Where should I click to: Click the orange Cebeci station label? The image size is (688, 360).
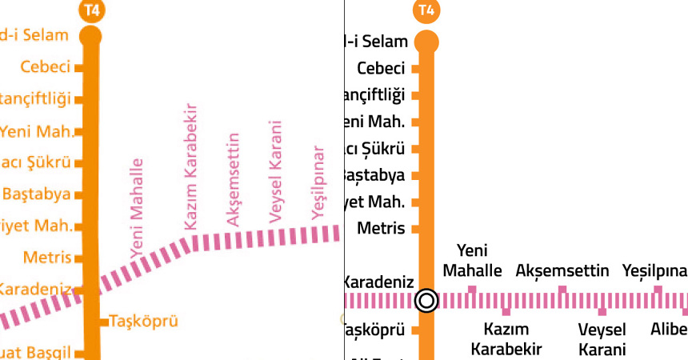click(46, 67)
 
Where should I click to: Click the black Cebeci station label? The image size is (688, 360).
click(381, 68)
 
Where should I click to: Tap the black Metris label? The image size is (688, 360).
click(381, 228)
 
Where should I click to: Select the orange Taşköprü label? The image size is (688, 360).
click(143, 322)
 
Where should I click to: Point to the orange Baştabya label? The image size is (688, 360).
click(37, 194)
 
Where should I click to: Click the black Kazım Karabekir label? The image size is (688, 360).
click(506, 338)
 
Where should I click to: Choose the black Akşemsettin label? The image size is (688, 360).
click(562, 270)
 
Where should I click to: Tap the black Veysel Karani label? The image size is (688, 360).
click(602, 338)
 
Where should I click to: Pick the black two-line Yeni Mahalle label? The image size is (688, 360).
click(472, 260)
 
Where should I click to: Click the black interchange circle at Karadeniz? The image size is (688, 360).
click(426, 301)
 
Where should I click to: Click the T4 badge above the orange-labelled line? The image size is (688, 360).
click(91, 10)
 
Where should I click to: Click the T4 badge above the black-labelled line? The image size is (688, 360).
click(426, 10)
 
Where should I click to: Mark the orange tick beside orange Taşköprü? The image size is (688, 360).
click(103, 322)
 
